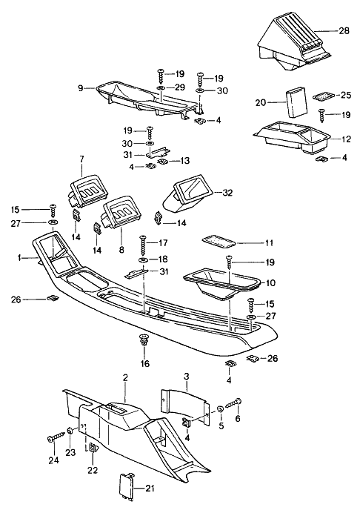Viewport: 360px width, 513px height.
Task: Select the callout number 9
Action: (x=80, y=87)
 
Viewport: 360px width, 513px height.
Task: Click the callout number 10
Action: (x=270, y=282)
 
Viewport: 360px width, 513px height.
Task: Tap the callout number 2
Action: (x=126, y=378)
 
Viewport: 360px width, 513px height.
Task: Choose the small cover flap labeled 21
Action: (x=125, y=486)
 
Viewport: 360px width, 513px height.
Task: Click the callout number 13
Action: (x=185, y=160)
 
